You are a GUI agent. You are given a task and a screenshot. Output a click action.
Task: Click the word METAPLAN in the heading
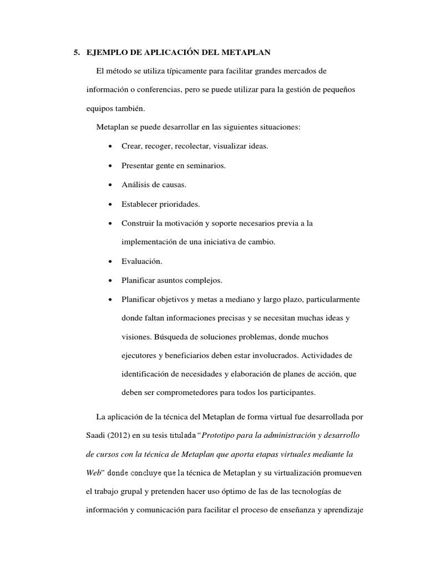coord(245,53)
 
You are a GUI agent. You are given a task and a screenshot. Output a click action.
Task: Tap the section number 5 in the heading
coord(76,53)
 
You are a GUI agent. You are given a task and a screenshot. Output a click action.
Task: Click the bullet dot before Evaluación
coord(111,261)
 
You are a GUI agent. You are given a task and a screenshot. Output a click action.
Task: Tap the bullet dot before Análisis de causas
coord(111,184)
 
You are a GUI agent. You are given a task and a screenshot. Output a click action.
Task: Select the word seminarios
coord(202,165)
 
